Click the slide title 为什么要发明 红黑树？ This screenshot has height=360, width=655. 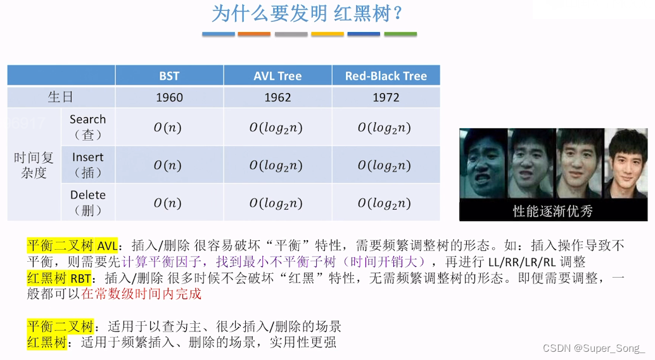pyautogui.click(x=307, y=14)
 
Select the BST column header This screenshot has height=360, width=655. pyautogui.click(x=169, y=75)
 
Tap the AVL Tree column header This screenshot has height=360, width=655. pyautogui.click(x=278, y=75)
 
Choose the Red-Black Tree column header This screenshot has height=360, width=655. pyautogui.click(x=386, y=75)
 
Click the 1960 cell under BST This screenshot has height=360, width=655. pyautogui.click(x=169, y=98)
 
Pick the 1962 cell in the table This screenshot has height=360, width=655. pyautogui.click(x=278, y=98)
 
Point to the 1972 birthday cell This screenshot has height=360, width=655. pyautogui.click(x=386, y=98)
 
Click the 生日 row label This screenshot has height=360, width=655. pyautogui.click(x=61, y=97)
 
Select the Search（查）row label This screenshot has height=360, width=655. pyautogui.click(x=87, y=127)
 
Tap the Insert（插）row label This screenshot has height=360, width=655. pyautogui.click(x=87, y=165)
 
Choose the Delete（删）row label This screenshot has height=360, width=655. pyautogui.click(x=87, y=202)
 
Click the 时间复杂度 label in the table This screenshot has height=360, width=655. pyautogui.click(x=34, y=165)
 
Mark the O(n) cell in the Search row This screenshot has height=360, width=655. pyautogui.click(x=167, y=127)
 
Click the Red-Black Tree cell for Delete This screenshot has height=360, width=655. pyautogui.click(x=385, y=203)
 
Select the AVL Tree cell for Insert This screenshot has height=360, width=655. pyautogui.click(x=276, y=165)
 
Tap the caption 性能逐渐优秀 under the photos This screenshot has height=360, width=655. pyautogui.click(x=552, y=211)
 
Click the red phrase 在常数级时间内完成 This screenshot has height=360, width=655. pyautogui.click(x=141, y=293)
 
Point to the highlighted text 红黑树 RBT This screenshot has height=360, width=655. pyautogui.click(x=59, y=278)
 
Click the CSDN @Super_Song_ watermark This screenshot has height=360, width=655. pyautogui.click(x=594, y=349)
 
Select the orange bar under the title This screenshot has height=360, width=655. pyautogui.click(x=254, y=34)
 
